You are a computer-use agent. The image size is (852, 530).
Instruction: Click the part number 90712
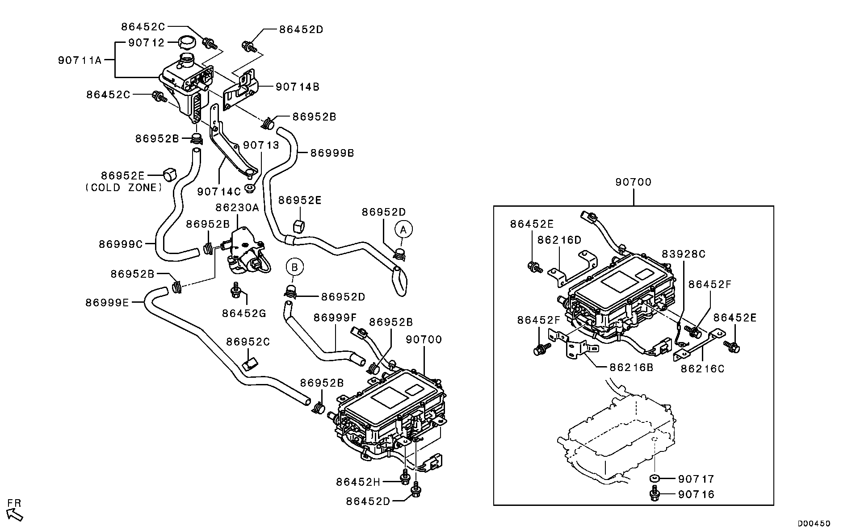pos(147,42)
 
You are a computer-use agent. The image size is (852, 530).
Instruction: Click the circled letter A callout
pos(403,230)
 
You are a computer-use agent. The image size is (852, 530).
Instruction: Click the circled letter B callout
pos(294,267)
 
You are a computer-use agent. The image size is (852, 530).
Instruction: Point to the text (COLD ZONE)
pos(124,188)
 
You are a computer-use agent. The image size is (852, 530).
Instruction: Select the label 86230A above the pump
pos(237,208)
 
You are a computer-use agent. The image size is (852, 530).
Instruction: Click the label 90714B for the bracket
pos(298,87)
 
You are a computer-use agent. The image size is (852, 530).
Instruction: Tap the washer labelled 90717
pos(655,479)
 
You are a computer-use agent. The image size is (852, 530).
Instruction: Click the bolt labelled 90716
pos(655,495)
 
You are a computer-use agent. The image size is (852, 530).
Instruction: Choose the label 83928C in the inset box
pos(684,254)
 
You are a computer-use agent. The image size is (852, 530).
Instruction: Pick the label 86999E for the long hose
pos(107,303)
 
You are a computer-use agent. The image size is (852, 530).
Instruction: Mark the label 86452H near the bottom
pos(358,482)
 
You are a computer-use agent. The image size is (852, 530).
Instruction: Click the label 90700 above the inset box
pos(633,182)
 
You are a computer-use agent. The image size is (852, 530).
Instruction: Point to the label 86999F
pos(335,317)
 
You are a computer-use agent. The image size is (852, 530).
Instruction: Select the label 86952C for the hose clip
pos(248,342)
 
